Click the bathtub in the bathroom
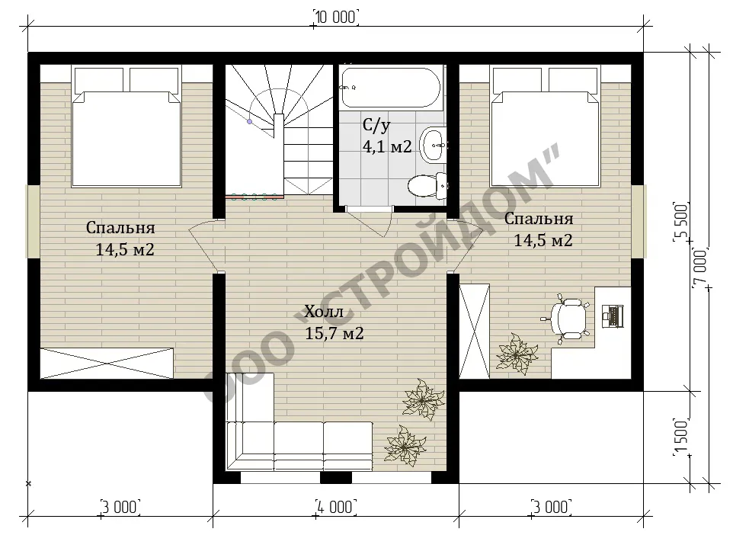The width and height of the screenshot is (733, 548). click(390, 88)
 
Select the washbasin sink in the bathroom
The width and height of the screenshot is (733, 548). click(434, 145)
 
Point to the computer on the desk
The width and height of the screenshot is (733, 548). click(612, 316)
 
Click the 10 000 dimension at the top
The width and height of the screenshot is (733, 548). click(336, 18)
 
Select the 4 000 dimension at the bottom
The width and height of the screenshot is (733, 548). click(336, 507)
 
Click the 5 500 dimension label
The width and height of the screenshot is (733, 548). click(682, 222)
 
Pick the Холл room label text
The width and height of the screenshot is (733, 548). click(324, 312)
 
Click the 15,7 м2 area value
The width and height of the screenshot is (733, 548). click(334, 333)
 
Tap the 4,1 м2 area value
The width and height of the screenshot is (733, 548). click(387, 147)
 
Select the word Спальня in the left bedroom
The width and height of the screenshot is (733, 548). click(120, 228)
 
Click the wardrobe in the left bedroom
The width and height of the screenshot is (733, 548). click(107, 363)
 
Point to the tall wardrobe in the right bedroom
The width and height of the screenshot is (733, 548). click(475, 331)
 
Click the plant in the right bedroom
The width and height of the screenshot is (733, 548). click(516, 354)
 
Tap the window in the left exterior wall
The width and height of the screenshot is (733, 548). click(34, 221)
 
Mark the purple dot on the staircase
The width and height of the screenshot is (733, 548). click(250, 122)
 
